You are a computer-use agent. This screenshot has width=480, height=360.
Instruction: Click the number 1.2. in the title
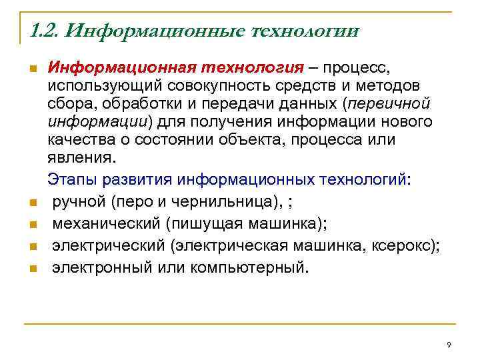(x=45, y=31)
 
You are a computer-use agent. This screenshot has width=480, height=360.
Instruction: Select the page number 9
(x=449, y=345)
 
